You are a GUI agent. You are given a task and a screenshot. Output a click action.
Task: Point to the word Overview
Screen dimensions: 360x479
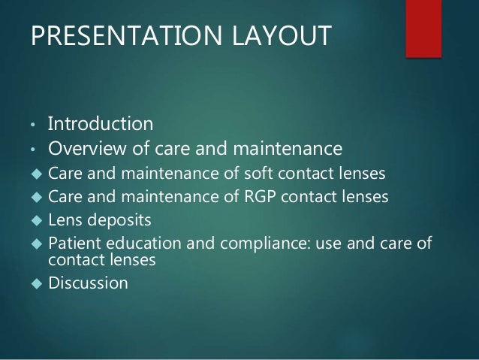83,145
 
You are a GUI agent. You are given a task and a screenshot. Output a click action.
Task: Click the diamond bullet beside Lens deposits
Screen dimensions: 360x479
35,220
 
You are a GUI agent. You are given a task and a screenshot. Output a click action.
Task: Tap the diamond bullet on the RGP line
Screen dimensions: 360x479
35,198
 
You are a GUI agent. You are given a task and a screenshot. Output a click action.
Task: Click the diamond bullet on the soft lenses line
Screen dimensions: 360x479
35,176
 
